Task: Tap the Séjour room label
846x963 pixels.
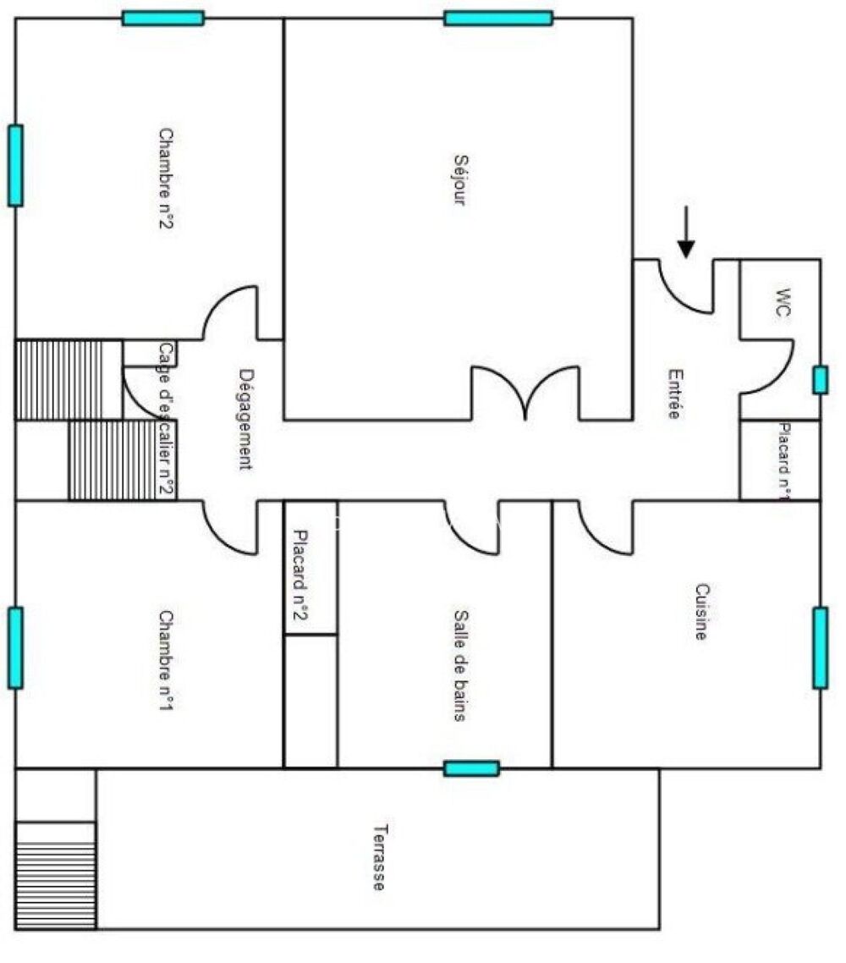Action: (x=459, y=179)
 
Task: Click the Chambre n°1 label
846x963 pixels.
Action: (x=167, y=660)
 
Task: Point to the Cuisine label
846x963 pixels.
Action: (x=701, y=612)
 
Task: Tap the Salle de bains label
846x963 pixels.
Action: (x=460, y=665)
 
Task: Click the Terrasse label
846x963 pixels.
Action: (x=379, y=856)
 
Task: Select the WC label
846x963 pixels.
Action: (x=783, y=302)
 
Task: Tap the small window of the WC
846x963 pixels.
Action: (x=819, y=380)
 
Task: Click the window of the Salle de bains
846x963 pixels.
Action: (x=471, y=768)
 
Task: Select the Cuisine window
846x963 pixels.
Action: (x=820, y=647)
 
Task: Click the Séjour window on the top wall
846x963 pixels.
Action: (x=498, y=18)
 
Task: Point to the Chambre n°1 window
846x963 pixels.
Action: (x=15, y=647)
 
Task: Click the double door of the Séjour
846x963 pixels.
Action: (x=526, y=393)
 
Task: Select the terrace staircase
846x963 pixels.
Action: (x=56, y=874)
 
